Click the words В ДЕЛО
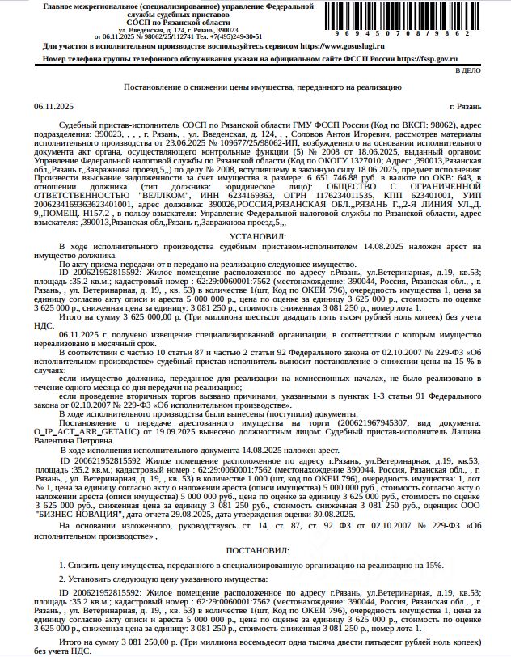490,71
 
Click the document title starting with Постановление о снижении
263,87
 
